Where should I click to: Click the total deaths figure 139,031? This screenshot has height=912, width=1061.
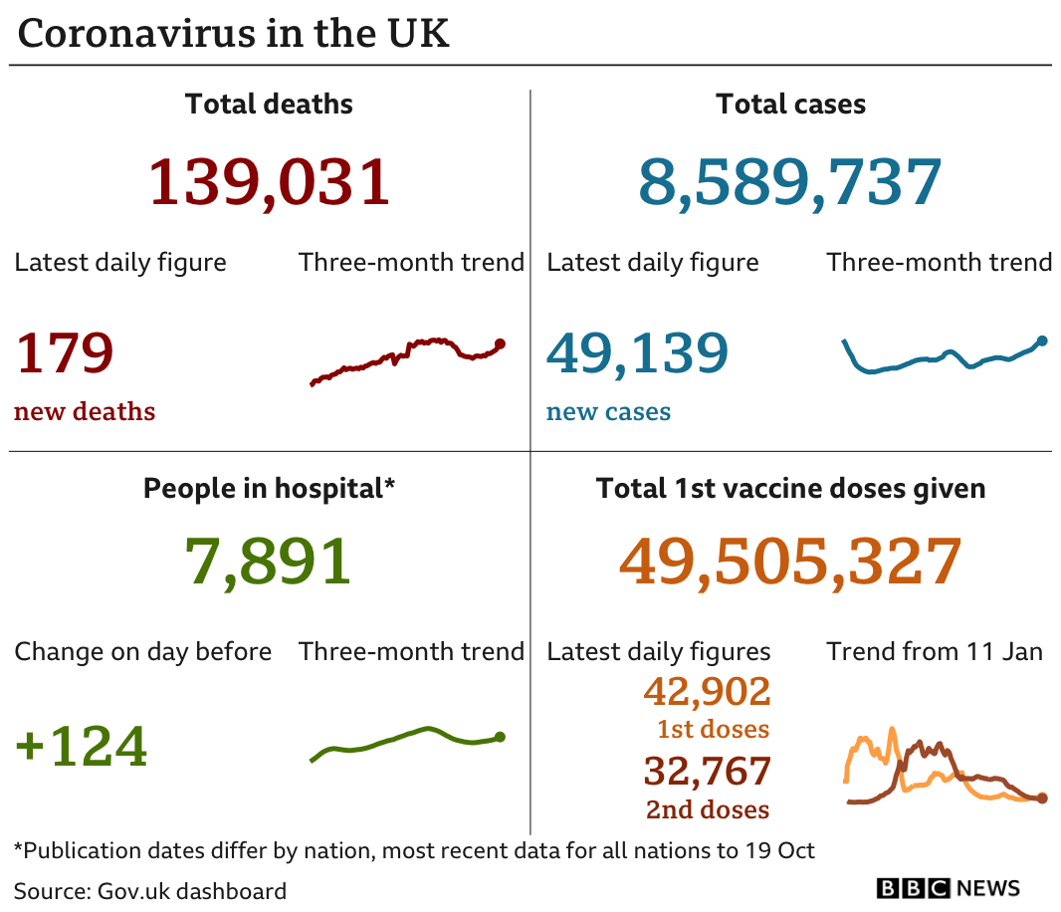(x=269, y=182)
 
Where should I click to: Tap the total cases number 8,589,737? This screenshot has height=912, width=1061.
(x=789, y=182)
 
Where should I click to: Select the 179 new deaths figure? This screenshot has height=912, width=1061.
(x=65, y=352)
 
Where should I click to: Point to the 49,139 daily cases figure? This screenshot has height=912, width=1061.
(x=637, y=352)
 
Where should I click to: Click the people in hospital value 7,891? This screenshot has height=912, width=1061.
(x=268, y=561)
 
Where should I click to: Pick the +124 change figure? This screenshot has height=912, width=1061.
(x=82, y=746)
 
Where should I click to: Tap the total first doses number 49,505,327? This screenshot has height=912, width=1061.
(x=790, y=561)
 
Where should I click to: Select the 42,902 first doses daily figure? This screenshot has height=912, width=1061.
(x=707, y=691)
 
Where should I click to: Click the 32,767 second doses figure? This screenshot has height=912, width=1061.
(x=707, y=772)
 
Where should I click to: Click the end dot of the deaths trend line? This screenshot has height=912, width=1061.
(x=500, y=343)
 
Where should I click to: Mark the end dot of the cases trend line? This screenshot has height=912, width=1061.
(x=1042, y=341)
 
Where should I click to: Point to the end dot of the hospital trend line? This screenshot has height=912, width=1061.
(x=500, y=737)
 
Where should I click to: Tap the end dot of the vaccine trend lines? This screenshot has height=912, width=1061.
(x=1042, y=798)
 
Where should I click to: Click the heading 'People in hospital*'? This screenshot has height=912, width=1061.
(x=269, y=489)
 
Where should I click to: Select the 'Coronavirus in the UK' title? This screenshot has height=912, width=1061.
(x=234, y=33)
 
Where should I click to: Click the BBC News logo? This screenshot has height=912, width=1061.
(x=948, y=888)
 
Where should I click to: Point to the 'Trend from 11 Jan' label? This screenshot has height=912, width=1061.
(x=934, y=652)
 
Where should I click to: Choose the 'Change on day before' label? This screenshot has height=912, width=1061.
(x=142, y=652)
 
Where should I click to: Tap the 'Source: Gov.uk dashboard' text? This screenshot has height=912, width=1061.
(x=150, y=890)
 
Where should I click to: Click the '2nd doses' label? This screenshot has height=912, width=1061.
(x=708, y=809)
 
